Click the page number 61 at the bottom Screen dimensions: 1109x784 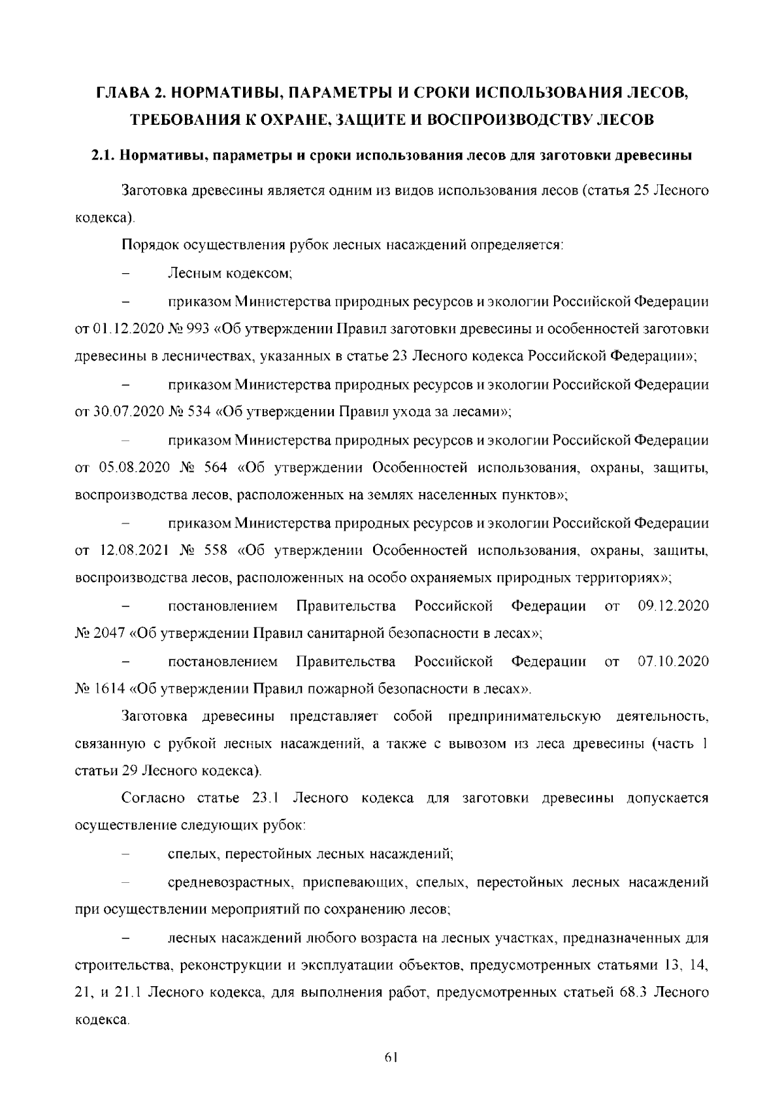pos(392,1057)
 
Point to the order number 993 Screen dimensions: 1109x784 pos(198,329)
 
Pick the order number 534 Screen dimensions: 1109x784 pos(198,412)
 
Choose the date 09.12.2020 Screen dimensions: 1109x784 pos(673,606)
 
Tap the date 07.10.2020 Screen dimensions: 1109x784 pos(673,662)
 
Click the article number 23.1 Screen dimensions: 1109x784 pos(265,799)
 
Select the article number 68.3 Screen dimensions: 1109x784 pos(627,993)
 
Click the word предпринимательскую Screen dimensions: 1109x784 pos(524,717)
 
